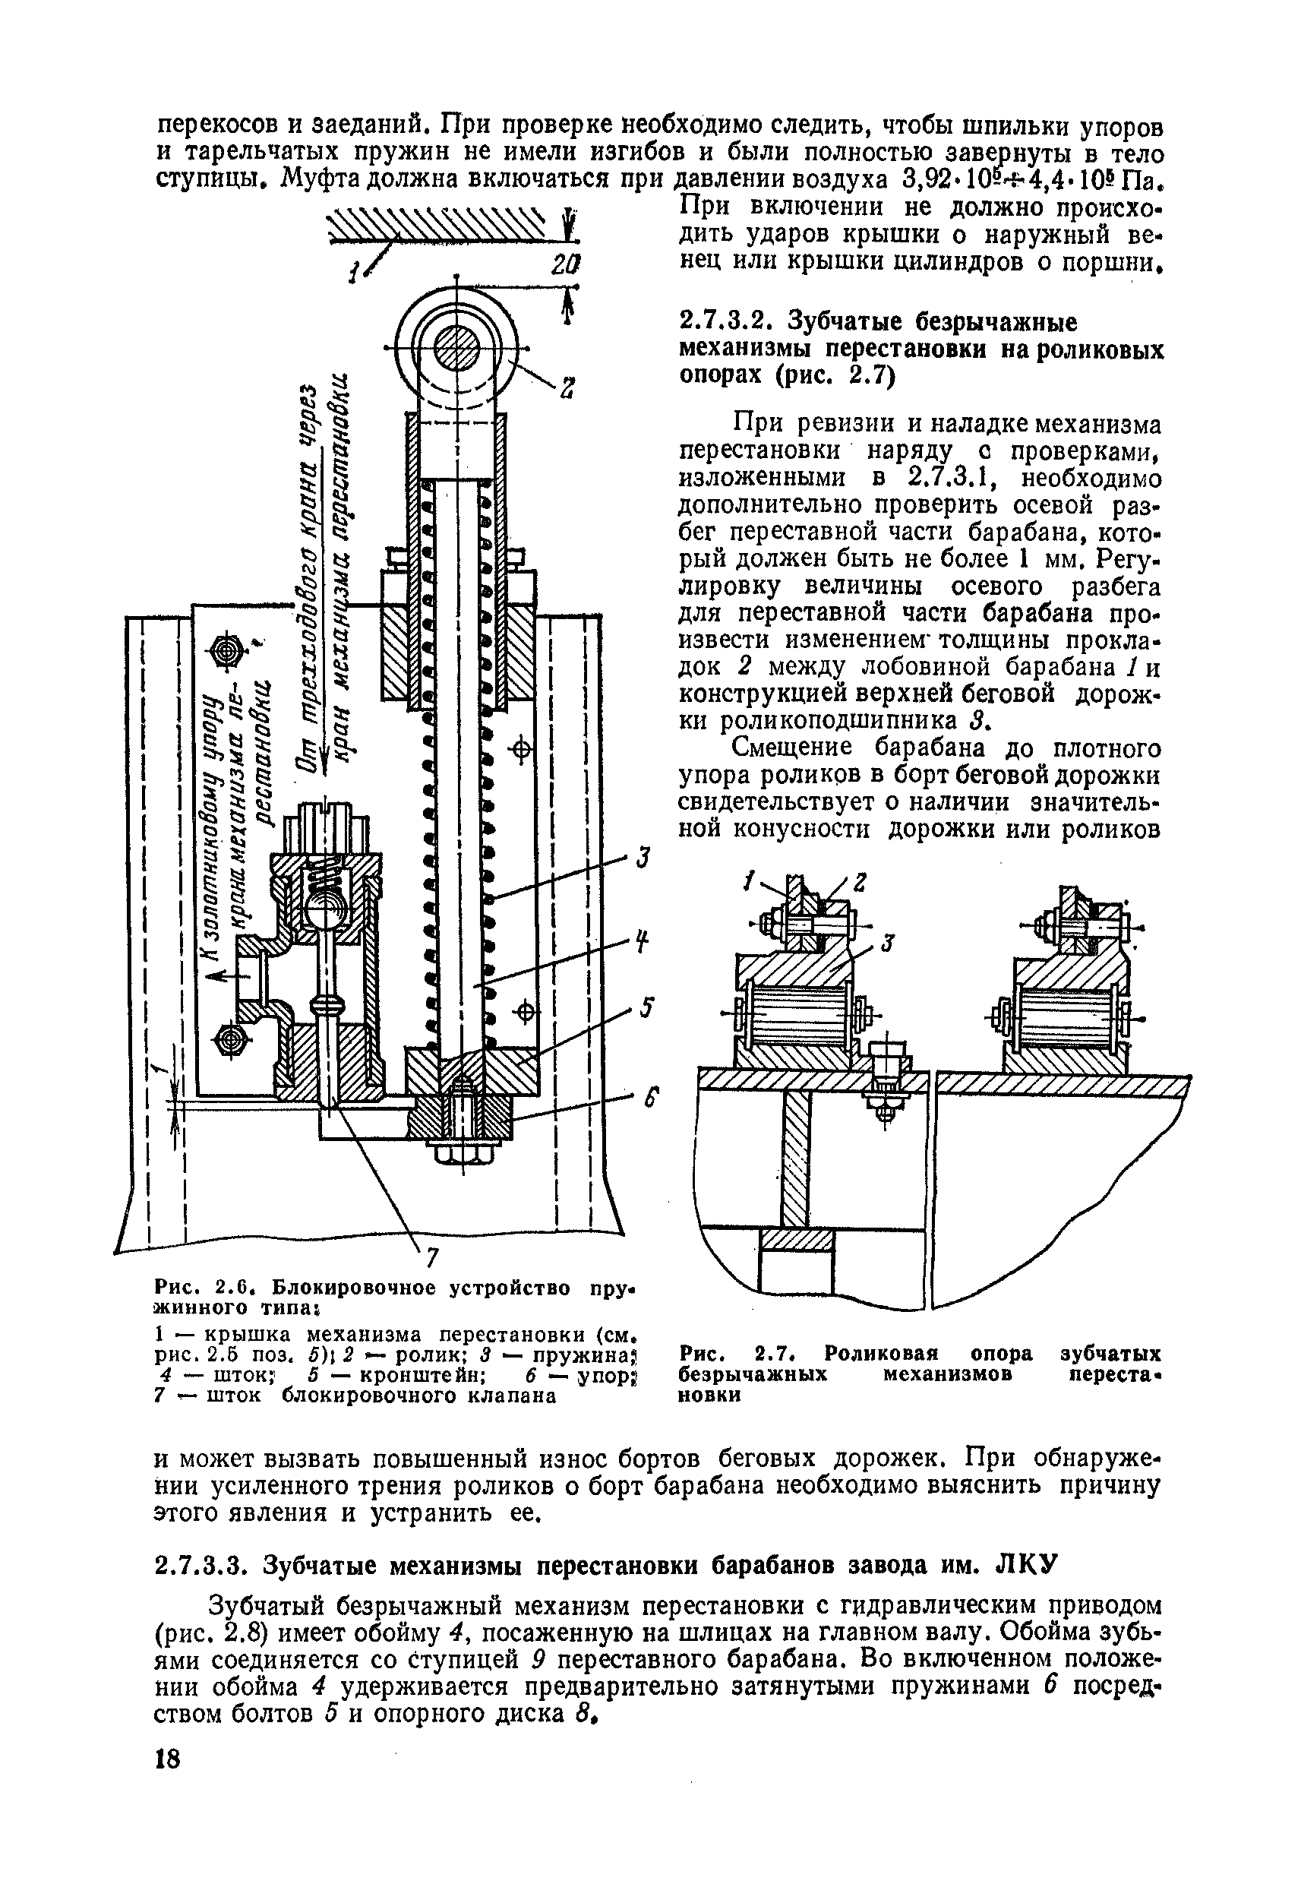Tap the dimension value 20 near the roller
(564, 265)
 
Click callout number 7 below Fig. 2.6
(432, 1259)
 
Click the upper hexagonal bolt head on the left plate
(226, 650)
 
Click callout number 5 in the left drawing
(646, 1007)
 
